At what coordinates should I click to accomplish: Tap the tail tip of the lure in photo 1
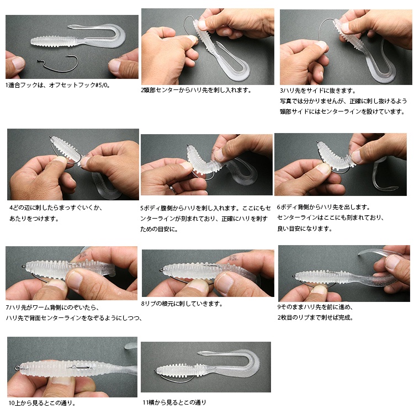point(68,26)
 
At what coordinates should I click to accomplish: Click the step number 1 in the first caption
point(7,85)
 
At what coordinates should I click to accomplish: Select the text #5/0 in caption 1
point(102,85)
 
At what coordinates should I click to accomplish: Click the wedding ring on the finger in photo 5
point(172,189)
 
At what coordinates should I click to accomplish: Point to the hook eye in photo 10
point(17,368)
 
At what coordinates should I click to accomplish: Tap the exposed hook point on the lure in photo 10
point(74,367)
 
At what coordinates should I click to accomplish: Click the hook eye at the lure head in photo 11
point(156,371)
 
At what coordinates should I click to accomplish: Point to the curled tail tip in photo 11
point(199,353)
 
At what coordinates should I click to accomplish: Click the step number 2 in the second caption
point(142,91)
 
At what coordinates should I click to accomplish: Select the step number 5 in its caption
point(142,208)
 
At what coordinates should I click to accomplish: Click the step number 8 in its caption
point(142,304)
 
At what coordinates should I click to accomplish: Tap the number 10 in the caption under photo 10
point(12,403)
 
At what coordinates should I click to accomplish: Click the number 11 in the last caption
point(146,402)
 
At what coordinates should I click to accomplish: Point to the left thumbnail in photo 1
point(18,63)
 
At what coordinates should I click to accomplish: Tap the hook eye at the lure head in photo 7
point(24,266)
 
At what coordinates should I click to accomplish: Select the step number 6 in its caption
point(279,207)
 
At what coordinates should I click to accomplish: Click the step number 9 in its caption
point(279,307)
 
